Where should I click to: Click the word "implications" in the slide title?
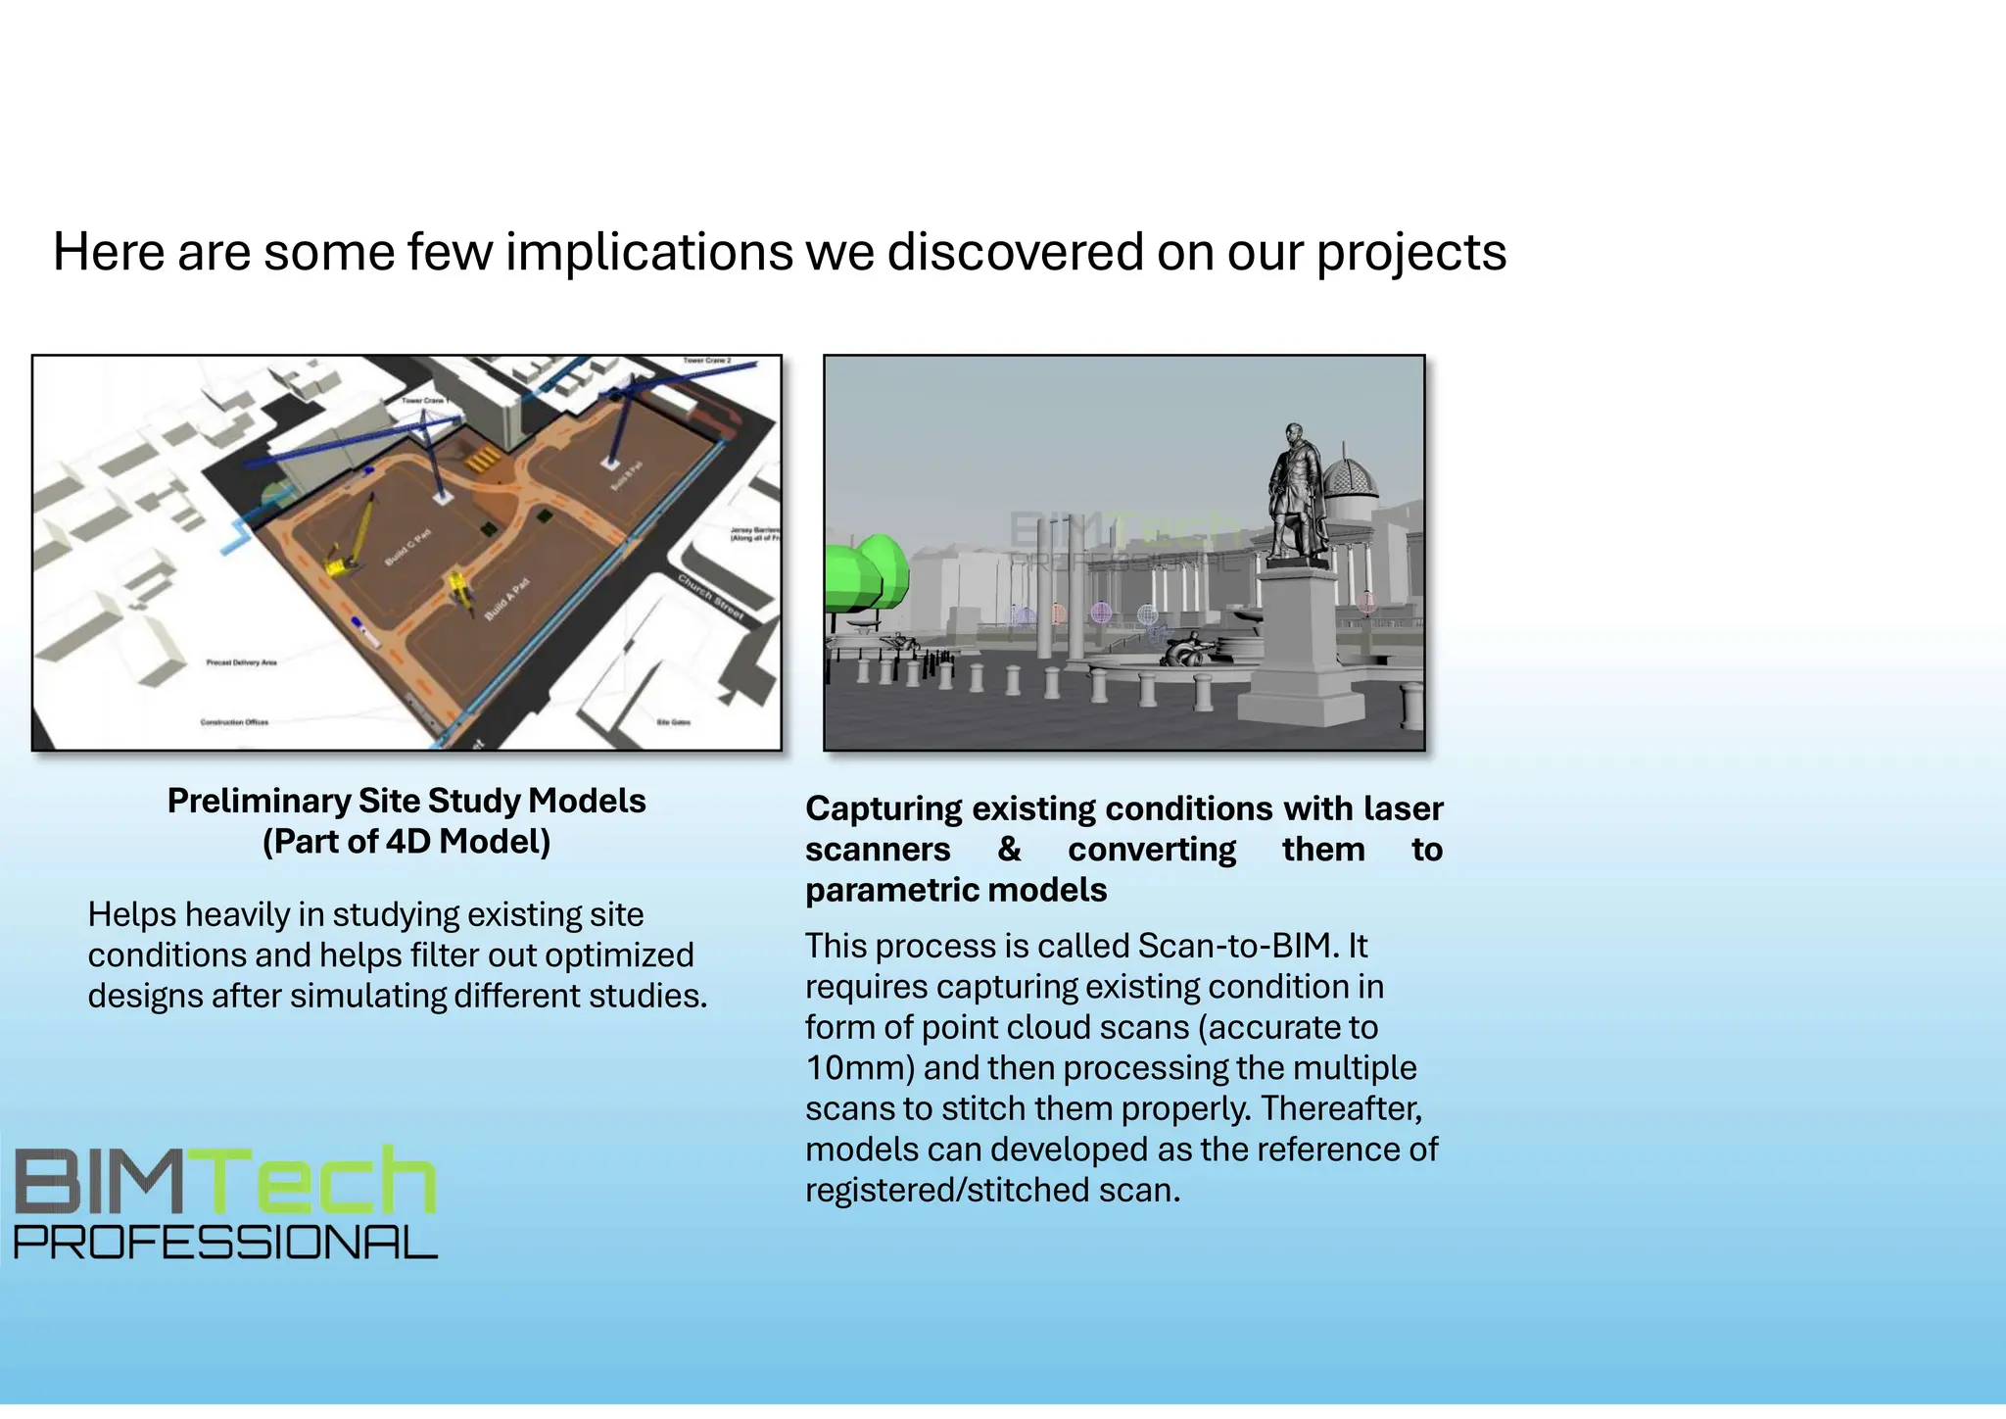(x=648, y=252)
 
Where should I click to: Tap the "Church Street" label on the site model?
(x=712, y=598)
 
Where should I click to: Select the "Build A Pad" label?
(x=506, y=599)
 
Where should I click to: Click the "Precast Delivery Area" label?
(x=241, y=663)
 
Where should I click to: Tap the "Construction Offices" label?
(x=234, y=722)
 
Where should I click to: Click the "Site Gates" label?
(x=673, y=722)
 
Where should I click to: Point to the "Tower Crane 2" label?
(x=706, y=362)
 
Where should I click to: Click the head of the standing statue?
(x=1295, y=433)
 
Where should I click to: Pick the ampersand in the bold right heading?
(x=1009, y=850)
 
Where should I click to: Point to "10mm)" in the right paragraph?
(x=859, y=1068)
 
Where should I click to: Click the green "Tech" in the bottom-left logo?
(x=323, y=1183)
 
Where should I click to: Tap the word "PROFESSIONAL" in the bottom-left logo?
(x=225, y=1243)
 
